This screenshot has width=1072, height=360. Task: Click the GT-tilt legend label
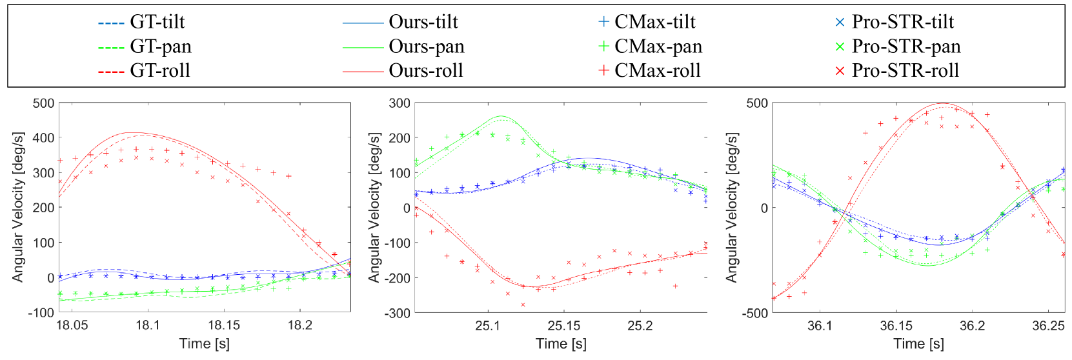pos(157,22)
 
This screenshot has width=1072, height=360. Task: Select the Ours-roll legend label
pos(425,70)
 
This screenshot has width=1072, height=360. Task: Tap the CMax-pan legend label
pos(658,46)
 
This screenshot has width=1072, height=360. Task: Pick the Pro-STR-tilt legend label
pos(902,22)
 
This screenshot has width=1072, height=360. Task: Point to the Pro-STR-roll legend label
pos(905,70)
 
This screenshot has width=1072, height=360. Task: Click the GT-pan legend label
pos(160,46)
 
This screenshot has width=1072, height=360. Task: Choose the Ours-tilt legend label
pos(423,22)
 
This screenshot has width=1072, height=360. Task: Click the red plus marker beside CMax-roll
pos(603,70)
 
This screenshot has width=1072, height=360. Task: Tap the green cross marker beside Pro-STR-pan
pos(840,46)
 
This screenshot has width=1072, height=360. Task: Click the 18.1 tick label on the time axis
pos(148,325)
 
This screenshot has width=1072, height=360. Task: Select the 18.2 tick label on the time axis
pos(299,325)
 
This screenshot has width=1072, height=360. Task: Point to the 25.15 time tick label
pos(564,325)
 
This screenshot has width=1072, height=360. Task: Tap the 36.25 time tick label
pos(1048,325)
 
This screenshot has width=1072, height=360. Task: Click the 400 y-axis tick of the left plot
pos(43,137)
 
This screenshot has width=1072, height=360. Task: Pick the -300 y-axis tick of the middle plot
pos(397,313)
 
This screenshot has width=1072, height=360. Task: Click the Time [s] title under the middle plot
pos(561,343)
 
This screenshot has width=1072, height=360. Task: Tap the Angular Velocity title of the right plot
pos(731,208)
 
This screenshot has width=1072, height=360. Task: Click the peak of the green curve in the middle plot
pos(501,117)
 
